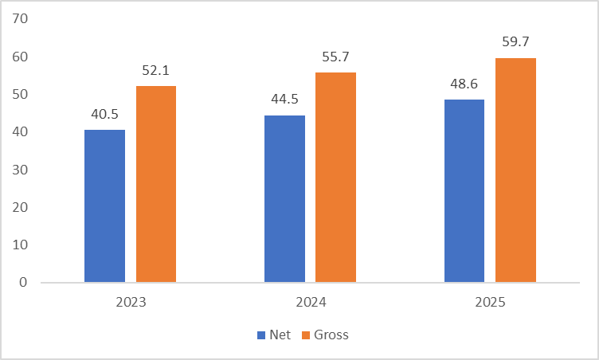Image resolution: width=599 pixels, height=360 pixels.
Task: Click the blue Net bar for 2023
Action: [x=104, y=205]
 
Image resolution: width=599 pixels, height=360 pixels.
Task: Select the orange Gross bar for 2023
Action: [x=156, y=184]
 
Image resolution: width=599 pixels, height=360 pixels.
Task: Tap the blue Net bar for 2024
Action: [x=284, y=198]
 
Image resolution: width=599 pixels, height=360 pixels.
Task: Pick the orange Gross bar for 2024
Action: [x=335, y=177]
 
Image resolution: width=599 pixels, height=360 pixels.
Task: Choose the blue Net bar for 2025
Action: [x=464, y=190]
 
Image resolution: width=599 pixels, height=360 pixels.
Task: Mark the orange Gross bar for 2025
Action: [x=515, y=170]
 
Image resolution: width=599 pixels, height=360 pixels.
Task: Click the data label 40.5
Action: [x=104, y=115]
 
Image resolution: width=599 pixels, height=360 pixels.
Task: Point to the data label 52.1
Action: [x=156, y=71]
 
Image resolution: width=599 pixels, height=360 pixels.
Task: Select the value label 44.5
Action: [x=284, y=100]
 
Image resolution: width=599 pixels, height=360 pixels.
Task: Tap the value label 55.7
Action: [x=335, y=57]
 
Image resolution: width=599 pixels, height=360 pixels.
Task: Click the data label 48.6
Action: [x=464, y=84]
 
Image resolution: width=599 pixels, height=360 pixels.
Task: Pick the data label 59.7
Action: [x=515, y=42]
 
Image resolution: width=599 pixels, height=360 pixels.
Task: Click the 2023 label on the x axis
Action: [x=131, y=302]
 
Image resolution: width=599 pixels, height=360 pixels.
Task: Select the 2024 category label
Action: [x=310, y=302]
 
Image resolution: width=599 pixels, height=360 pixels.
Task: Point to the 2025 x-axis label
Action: [x=490, y=302]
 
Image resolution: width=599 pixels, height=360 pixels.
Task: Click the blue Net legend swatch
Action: [x=261, y=335]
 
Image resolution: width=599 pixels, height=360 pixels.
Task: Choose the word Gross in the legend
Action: [x=331, y=335]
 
